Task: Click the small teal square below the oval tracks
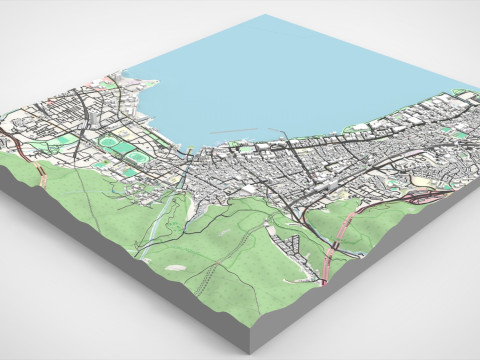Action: pos(130,171)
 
